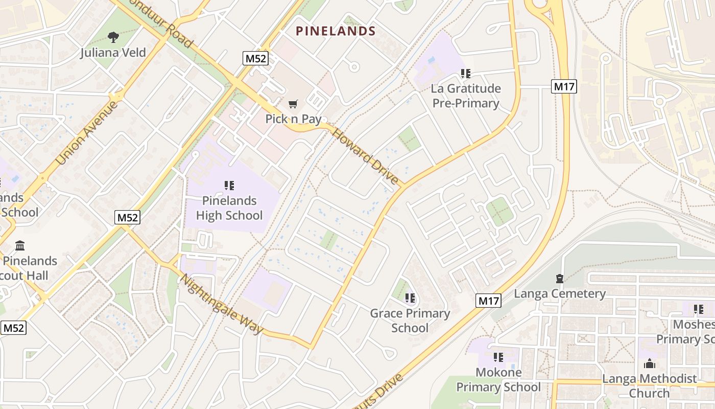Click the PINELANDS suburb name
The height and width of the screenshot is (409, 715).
click(x=336, y=31)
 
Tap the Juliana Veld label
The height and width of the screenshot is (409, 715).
click(x=113, y=53)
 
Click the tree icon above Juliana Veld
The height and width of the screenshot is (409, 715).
click(x=113, y=37)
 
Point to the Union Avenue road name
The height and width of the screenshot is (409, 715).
click(x=86, y=133)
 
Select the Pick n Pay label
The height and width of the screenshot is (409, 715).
click(x=293, y=119)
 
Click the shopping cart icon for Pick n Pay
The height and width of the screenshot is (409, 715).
click(x=293, y=104)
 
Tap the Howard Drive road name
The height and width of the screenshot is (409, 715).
click(x=365, y=156)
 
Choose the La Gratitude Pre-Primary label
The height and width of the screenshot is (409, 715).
click(x=466, y=96)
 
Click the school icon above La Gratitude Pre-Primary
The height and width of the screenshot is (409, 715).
click(x=465, y=74)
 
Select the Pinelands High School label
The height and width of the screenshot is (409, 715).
click(x=229, y=208)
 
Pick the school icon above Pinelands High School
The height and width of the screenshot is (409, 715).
click(x=229, y=185)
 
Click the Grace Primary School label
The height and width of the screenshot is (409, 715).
click(x=410, y=321)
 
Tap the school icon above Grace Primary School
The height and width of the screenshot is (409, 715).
click(x=410, y=298)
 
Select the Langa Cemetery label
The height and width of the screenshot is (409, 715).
click(x=560, y=294)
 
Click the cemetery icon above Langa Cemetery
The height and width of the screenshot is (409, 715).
click(x=560, y=279)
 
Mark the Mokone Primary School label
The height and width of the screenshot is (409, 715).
click(x=498, y=379)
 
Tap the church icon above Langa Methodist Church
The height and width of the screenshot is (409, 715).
click(x=650, y=363)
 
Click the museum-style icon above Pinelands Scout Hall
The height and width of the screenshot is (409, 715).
click(x=20, y=246)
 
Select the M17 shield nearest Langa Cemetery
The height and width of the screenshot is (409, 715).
click(x=489, y=301)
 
